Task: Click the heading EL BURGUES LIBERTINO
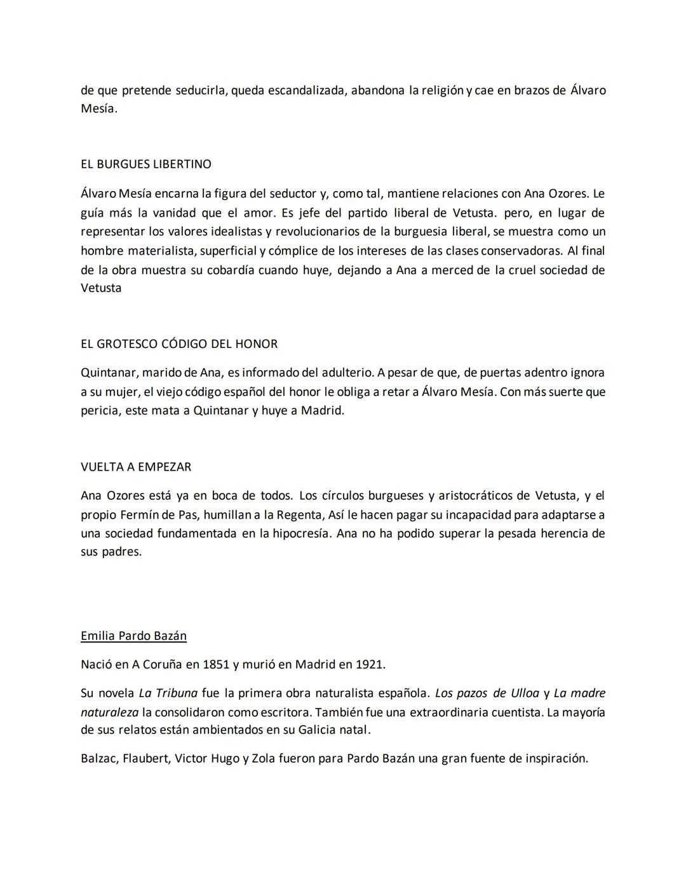[146, 164]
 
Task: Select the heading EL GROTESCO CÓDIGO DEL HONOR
[179, 344]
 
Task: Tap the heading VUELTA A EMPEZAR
[136, 467]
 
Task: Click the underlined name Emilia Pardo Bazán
[133, 636]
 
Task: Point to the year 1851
[216, 665]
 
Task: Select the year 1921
[370, 665]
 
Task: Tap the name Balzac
[98, 758]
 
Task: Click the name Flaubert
[145, 758]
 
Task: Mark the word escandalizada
[307, 90]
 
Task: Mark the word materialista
[161, 251]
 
